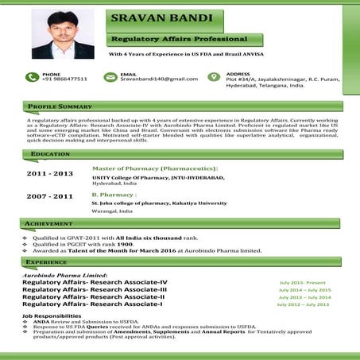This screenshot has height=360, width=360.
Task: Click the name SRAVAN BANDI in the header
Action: [x=161, y=17]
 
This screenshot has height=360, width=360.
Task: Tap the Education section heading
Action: [x=50, y=153]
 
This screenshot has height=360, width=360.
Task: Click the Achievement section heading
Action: [x=54, y=224]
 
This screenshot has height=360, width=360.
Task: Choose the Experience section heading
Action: [x=51, y=261]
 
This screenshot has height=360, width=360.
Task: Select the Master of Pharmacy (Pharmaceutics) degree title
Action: [x=154, y=169]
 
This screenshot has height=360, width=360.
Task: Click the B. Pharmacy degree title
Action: [x=114, y=194]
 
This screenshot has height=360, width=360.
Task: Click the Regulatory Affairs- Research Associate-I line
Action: [x=92, y=304]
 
